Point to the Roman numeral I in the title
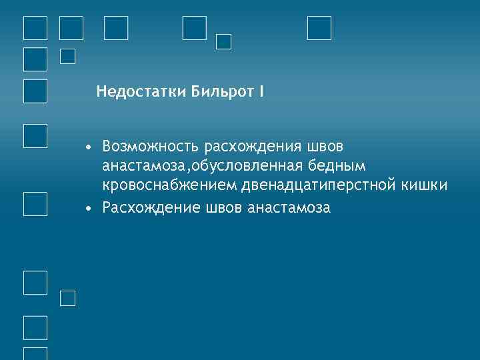click(x=261, y=91)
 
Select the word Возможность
click(x=151, y=145)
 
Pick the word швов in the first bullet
click(x=328, y=145)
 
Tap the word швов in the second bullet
click(x=223, y=207)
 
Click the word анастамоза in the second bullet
click(x=289, y=207)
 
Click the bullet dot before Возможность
click(x=88, y=146)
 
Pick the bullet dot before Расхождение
click(x=88, y=208)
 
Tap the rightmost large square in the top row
click(x=319, y=27)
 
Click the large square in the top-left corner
click(x=35, y=28)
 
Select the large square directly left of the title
click(x=35, y=91)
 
